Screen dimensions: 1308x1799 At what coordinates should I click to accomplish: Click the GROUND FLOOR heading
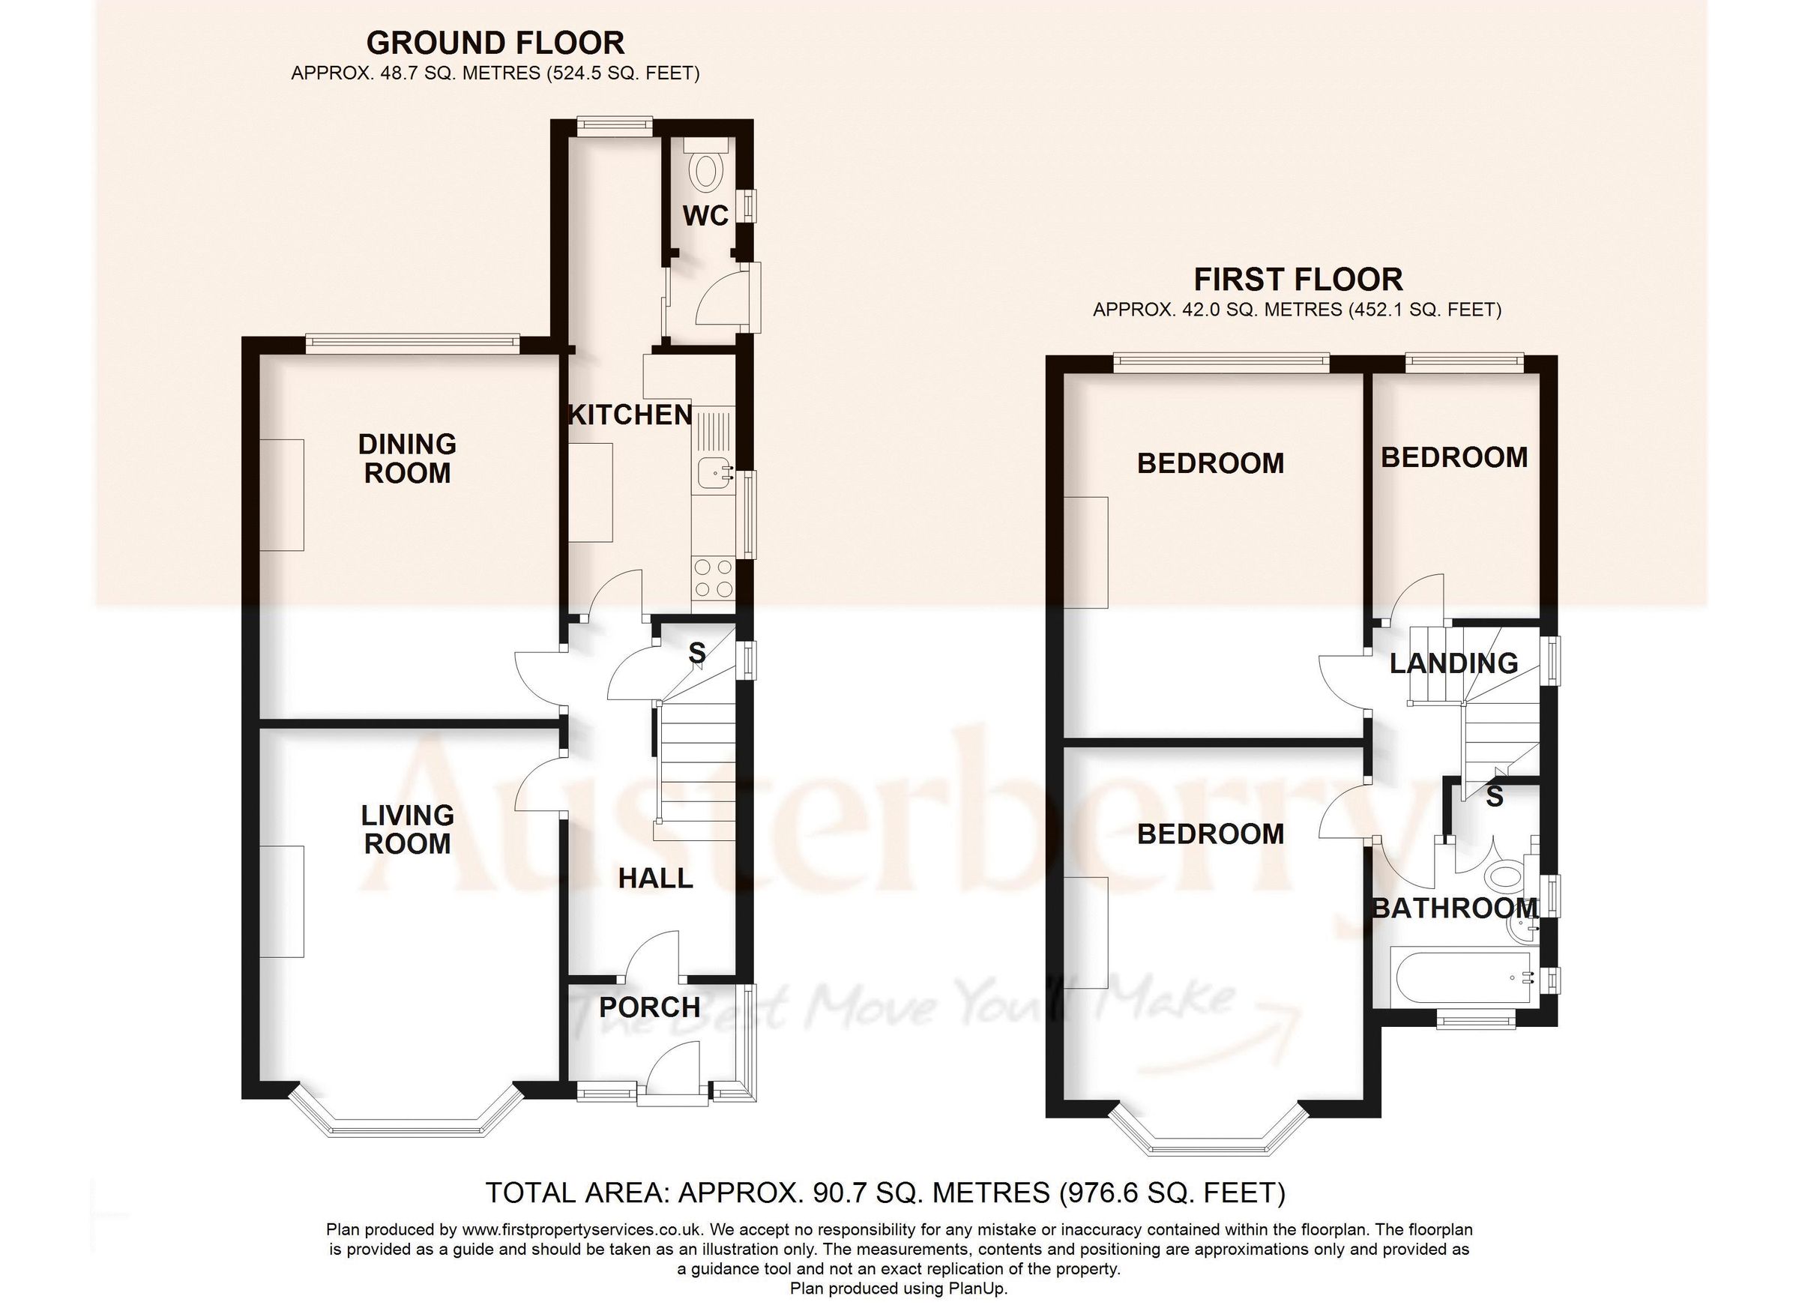495,43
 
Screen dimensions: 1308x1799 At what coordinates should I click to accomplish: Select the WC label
705,216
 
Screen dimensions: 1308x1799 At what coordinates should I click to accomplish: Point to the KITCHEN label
630,415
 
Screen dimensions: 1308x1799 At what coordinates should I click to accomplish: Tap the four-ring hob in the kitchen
712,578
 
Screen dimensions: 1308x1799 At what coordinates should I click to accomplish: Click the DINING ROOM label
407,459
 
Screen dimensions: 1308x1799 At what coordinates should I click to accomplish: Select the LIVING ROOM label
407,829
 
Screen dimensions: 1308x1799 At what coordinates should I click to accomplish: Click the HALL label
655,878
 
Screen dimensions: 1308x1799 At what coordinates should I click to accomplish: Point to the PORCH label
650,1007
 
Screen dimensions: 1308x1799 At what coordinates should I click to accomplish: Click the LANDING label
1454,663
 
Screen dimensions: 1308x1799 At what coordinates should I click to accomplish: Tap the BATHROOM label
1456,908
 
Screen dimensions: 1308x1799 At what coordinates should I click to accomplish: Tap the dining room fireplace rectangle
283,495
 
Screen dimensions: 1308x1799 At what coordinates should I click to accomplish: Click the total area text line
885,1193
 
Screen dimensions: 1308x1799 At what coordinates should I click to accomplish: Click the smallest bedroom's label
1454,458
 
